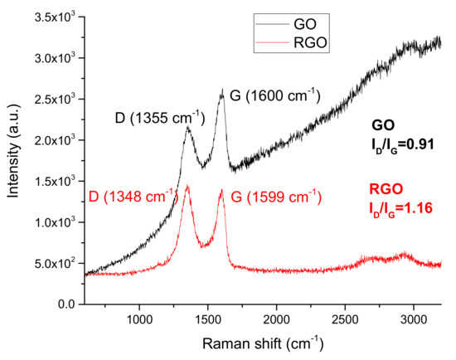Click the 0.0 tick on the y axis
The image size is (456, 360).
tap(69, 305)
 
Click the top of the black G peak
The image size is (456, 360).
tap(222, 91)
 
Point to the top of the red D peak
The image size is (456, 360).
tap(187, 186)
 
